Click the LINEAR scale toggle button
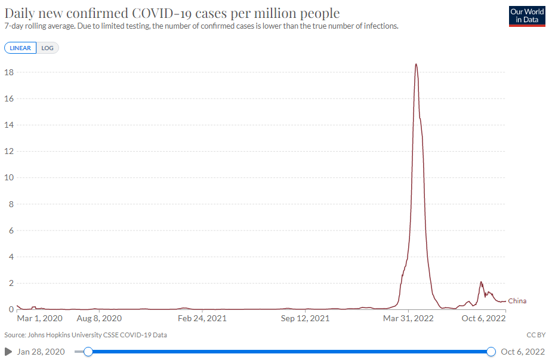[20, 48]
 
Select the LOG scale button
[48, 48]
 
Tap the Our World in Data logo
[527, 16]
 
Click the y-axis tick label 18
[10, 72]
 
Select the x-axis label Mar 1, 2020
[39, 319]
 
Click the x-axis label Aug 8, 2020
[99, 319]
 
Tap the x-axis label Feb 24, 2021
[202, 319]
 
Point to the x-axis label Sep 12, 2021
[306, 319]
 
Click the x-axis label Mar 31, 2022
[408, 319]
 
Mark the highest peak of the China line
[416, 64]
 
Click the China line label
[517, 301]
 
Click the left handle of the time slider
[88, 352]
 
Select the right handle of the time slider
[491, 352]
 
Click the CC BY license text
[536, 335]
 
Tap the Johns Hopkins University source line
[85, 335]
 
